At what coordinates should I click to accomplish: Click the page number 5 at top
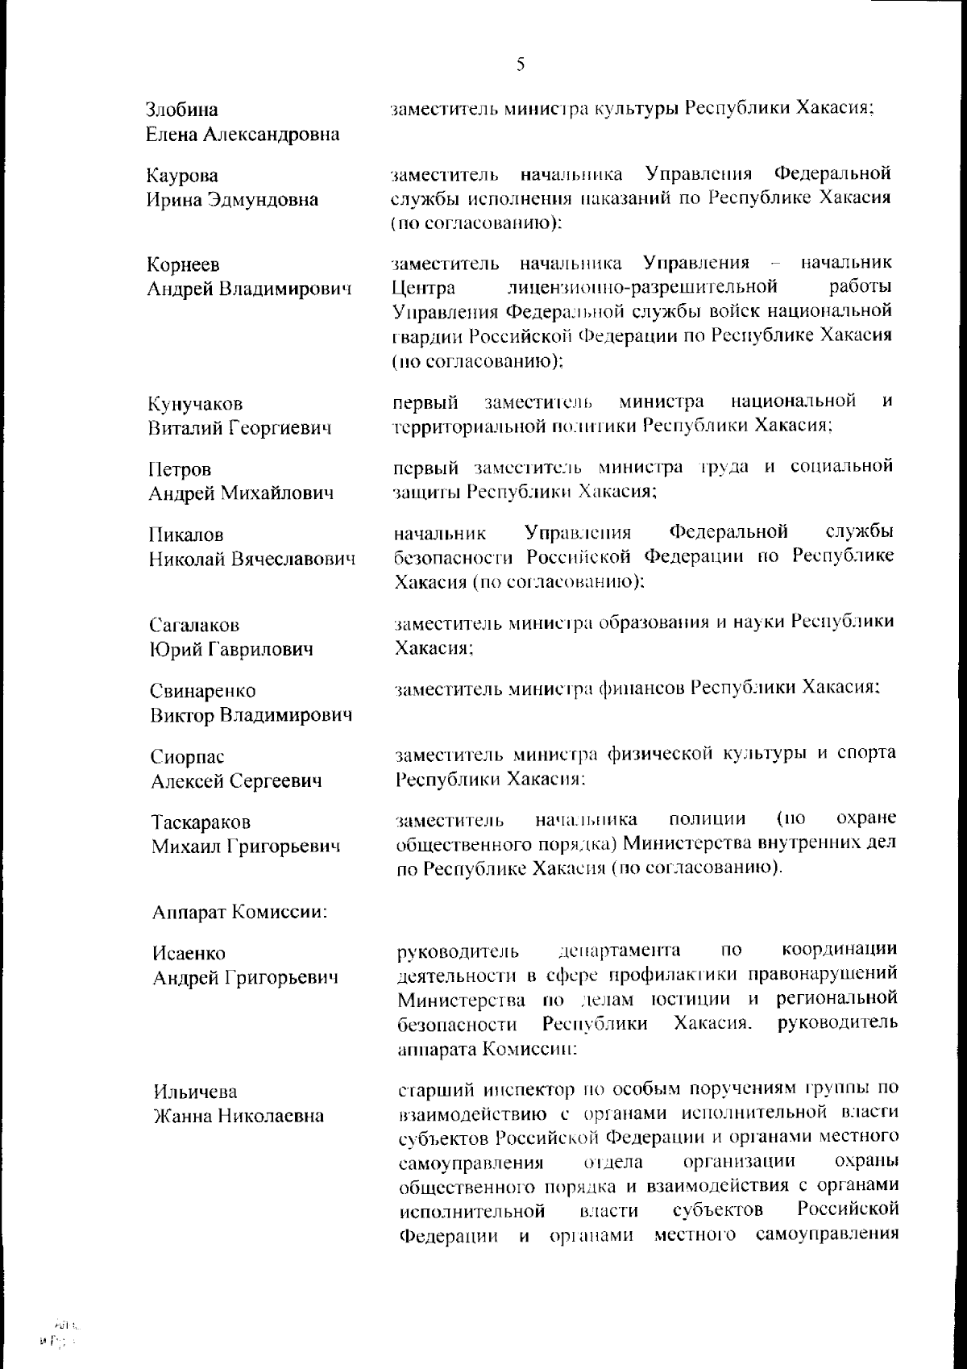click(521, 64)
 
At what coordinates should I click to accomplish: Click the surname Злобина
click(182, 110)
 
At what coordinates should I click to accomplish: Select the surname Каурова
click(182, 176)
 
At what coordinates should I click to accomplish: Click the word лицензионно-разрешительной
click(643, 287)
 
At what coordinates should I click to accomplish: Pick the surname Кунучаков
click(196, 404)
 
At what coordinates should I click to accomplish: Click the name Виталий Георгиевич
click(239, 428)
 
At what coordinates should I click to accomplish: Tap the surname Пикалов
click(186, 535)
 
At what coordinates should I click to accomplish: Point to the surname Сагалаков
click(195, 625)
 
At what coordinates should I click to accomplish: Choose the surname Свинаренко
click(203, 691)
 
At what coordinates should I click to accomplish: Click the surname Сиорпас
click(187, 757)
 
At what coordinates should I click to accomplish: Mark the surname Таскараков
click(201, 822)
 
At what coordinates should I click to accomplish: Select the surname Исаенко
click(189, 954)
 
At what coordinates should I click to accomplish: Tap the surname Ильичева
click(195, 1092)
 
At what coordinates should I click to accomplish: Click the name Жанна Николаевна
click(239, 1116)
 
